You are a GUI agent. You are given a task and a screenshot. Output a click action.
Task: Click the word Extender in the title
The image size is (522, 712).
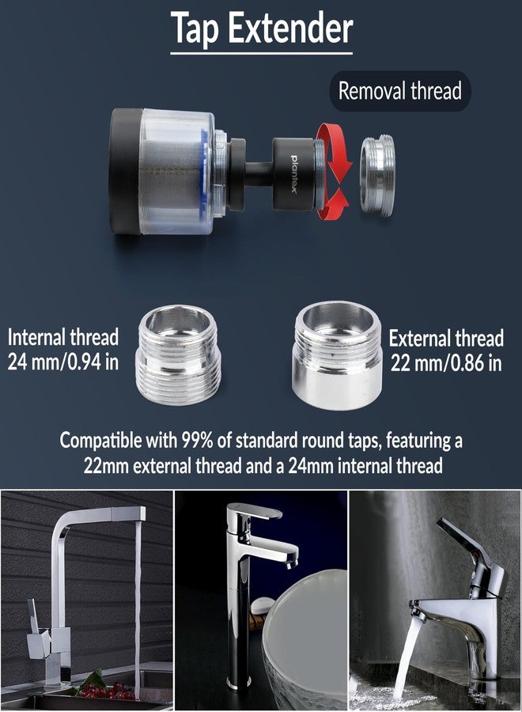290,28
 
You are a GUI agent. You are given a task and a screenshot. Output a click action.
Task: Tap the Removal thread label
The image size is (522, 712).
400,91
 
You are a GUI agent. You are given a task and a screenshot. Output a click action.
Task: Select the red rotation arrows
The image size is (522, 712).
334,172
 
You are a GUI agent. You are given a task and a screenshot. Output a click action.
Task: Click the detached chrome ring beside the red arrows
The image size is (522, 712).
376,176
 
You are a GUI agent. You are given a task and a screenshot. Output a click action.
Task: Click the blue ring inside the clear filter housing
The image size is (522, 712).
205,172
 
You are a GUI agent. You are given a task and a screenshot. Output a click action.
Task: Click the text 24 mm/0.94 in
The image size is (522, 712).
63,362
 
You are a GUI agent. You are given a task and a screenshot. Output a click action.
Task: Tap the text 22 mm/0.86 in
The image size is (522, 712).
446,363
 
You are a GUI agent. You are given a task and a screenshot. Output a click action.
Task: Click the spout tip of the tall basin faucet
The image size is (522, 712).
291,563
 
